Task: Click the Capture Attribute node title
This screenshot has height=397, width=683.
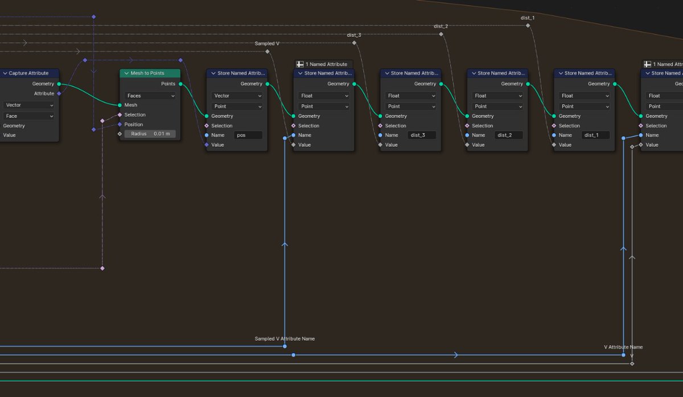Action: [x=28, y=73]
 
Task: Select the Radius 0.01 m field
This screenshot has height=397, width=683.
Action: [x=150, y=134]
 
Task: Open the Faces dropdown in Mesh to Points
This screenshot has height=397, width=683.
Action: [x=150, y=96]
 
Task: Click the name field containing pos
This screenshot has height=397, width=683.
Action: [x=248, y=135]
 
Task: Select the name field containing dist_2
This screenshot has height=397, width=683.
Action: [x=509, y=135]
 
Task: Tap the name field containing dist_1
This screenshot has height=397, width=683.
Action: [x=596, y=135]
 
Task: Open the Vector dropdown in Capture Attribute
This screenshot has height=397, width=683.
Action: [x=29, y=105]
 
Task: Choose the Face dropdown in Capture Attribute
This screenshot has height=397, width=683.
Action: [x=29, y=116]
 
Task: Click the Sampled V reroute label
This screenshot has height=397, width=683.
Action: [x=267, y=44]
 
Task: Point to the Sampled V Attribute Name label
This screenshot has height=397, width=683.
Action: [x=285, y=339]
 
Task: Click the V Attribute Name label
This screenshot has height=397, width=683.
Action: [x=623, y=347]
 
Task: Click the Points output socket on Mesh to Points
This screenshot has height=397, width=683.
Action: [x=180, y=84]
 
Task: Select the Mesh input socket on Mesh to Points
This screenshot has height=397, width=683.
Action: [x=120, y=105]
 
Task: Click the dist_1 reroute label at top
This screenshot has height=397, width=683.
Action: [x=528, y=18]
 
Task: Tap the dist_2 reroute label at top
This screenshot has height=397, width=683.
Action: [x=441, y=27]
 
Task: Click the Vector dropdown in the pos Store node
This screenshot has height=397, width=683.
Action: [x=237, y=96]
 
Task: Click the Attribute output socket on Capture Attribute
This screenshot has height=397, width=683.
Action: [x=59, y=94]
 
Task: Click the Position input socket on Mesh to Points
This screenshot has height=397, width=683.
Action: [x=120, y=125]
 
